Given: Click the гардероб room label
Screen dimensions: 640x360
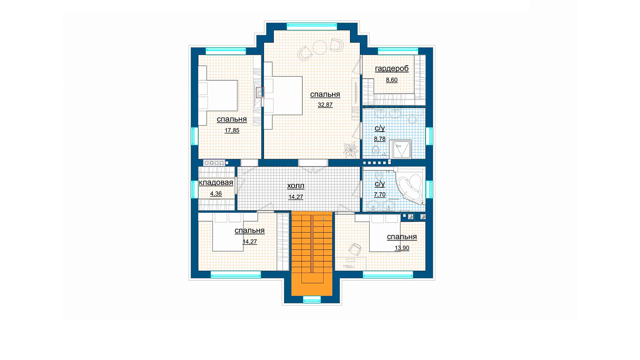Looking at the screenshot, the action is click(392, 68).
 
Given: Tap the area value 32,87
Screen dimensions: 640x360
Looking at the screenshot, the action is click(325, 105).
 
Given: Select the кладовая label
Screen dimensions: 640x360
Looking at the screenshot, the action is click(216, 182).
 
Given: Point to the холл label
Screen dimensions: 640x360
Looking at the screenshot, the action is click(296, 186).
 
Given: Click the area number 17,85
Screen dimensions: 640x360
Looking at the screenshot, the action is click(232, 130).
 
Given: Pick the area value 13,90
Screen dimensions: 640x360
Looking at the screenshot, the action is click(402, 248).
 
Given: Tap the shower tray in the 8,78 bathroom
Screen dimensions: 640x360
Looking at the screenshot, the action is click(402, 149).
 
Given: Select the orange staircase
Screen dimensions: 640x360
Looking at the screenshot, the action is click(312, 254).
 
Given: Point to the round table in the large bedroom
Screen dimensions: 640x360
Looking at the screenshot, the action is click(320, 48).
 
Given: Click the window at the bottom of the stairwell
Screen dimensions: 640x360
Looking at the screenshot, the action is click(312, 299).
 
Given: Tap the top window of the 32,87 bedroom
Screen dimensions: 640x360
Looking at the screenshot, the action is click(312, 26).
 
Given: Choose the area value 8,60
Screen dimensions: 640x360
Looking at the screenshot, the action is click(392, 80).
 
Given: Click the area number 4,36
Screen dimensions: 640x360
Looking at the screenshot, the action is click(216, 194).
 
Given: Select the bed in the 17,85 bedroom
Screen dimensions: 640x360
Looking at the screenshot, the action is click(218, 96).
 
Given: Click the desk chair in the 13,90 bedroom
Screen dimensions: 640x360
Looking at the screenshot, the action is click(355, 250).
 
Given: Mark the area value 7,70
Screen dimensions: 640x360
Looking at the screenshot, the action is click(380, 194).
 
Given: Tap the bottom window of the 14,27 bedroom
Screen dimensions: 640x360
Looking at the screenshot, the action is click(236, 274).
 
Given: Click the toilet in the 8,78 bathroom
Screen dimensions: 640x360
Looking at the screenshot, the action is click(376, 150).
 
